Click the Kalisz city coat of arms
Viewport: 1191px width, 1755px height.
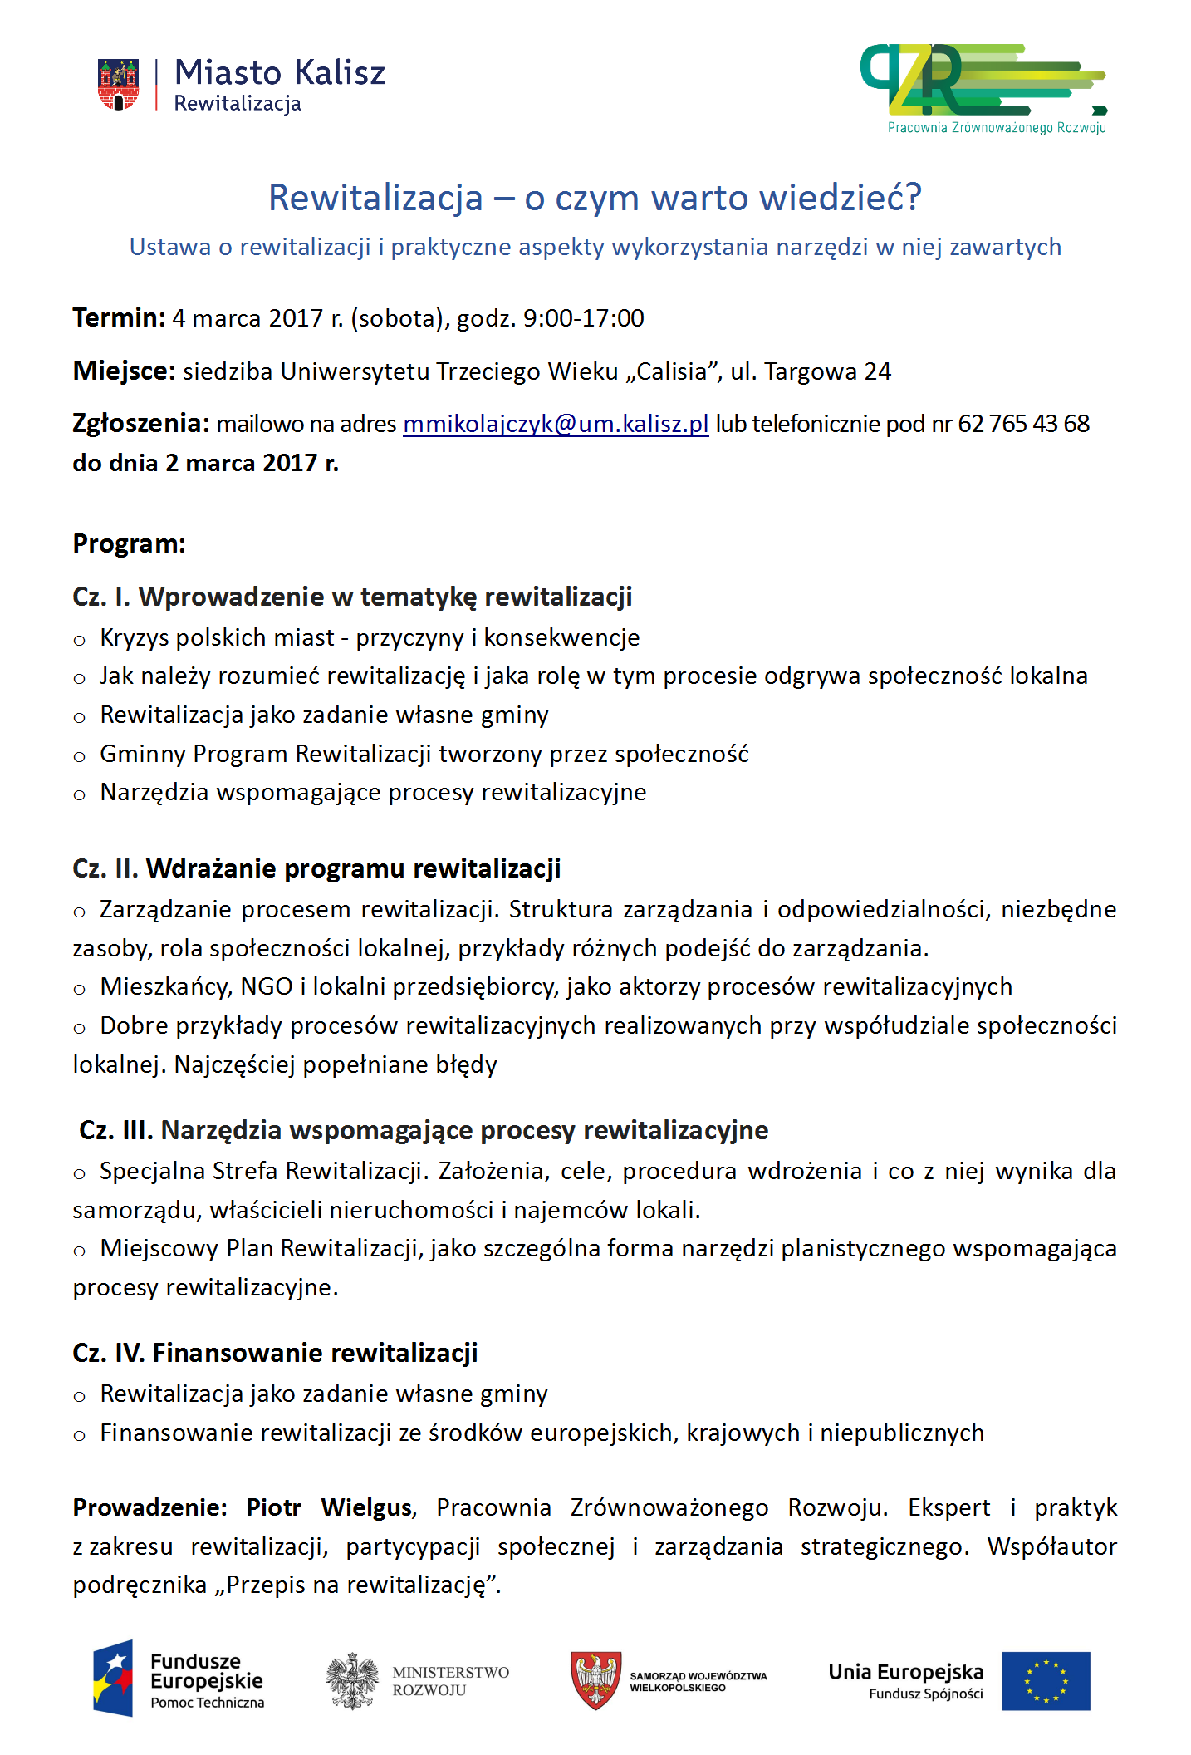[x=118, y=84]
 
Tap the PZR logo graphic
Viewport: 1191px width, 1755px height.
[x=980, y=81]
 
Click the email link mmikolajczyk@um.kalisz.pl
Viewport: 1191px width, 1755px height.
[x=556, y=424]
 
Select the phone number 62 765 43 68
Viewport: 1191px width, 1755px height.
[x=1023, y=424]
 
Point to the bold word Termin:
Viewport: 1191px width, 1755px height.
[x=119, y=317]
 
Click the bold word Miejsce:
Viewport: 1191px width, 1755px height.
[x=124, y=371]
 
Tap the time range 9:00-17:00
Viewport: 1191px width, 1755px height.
[x=583, y=318]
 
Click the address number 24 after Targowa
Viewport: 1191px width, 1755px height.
[x=877, y=371]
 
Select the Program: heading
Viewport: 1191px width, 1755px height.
[x=129, y=543]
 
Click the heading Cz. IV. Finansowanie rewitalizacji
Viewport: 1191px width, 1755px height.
[x=275, y=1353]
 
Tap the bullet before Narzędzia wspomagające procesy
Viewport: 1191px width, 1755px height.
[x=80, y=795]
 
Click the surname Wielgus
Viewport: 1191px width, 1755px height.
[x=366, y=1507]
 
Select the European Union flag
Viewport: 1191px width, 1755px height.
[x=1045, y=1681]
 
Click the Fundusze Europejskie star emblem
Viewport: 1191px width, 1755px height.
[x=114, y=1679]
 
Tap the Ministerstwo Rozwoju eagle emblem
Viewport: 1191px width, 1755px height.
[x=352, y=1680]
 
